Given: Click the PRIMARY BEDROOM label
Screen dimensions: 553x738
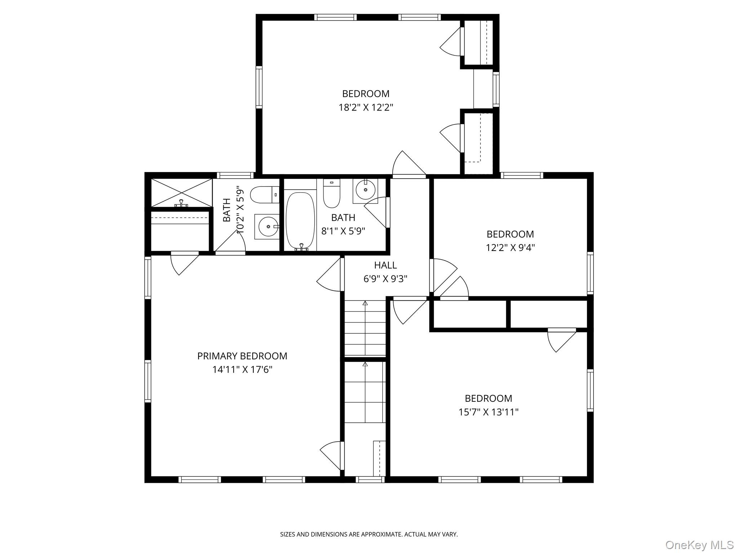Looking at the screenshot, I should coord(242,356).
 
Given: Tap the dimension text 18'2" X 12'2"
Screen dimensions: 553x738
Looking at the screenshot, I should coord(365,107).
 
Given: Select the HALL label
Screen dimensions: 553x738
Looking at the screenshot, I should coord(385,265).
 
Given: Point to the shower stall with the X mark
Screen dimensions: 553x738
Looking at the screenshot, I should coord(182,193).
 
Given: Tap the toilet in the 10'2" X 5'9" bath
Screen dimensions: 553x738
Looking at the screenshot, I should coord(264,195).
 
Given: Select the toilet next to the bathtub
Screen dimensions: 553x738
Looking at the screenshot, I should coord(332,194).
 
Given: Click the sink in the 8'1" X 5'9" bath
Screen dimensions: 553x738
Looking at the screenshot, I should coord(365,189).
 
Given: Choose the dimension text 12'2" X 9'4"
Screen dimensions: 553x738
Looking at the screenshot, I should coord(510,248).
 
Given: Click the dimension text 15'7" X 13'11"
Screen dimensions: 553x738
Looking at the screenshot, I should coord(488,412).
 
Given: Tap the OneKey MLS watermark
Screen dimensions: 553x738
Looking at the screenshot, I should coord(699,545).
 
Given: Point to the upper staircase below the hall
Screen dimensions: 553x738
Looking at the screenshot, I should coord(365,328).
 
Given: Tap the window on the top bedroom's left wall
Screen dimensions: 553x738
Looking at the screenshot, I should coord(259,87).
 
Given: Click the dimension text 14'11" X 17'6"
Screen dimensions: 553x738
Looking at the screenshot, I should coord(242,370).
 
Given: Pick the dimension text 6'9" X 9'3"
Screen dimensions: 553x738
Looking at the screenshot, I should coord(385,279).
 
